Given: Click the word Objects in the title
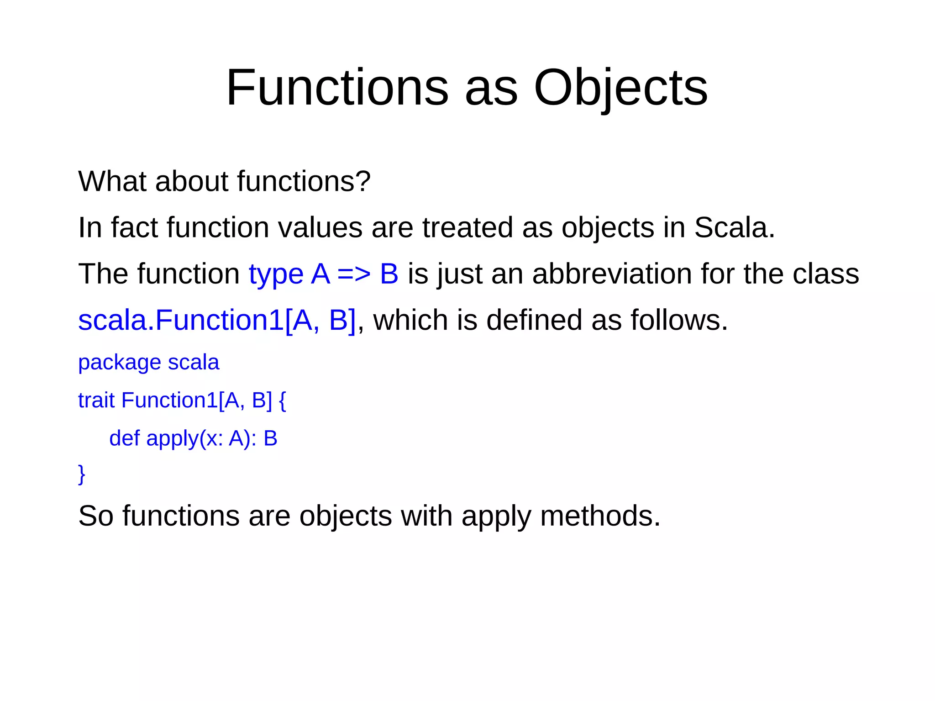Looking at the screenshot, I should click(x=620, y=88).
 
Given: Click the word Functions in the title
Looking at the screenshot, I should click(x=337, y=88).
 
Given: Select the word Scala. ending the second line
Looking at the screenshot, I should click(x=734, y=227).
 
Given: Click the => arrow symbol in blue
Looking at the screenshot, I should click(x=354, y=274).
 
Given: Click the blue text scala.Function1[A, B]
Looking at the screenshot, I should click(x=217, y=320).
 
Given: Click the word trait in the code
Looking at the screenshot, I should click(x=96, y=401).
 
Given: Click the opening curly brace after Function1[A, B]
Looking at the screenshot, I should click(x=282, y=401).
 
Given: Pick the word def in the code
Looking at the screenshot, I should click(x=124, y=438).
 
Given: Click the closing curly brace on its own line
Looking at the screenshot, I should click(x=82, y=474).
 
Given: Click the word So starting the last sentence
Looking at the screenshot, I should click(x=95, y=516).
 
